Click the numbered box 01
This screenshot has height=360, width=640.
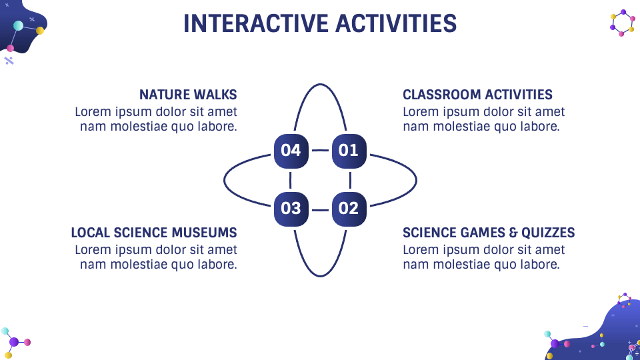pyautogui.click(x=349, y=151)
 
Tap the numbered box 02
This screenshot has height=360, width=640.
pyautogui.click(x=349, y=209)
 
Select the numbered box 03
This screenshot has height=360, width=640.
pyautogui.click(x=291, y=209)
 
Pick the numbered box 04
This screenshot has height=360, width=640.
pyautogui.click(x=291, y=151)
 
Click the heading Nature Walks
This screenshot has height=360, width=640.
pyautogui.click(x=188, y=95)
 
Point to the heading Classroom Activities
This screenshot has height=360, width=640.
pyautogui.click(x=477, y=95)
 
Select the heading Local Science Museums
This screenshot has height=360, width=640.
pyautogui.click(x=154, y=233)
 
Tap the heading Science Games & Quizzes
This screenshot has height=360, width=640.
pyautogui.click(x=489, y=233)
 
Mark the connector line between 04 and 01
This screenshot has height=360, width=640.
pyautogui.click(x=320, y=151)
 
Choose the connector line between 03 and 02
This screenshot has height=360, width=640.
pyautogui.click(x=320, y=209)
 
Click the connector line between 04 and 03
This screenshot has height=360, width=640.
pyautogui.click(x=291, y=179)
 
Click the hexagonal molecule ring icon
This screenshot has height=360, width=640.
pyautogui.click(x=623, y=23)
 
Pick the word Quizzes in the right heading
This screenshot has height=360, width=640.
pyautogui.click(x=549, y=233)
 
